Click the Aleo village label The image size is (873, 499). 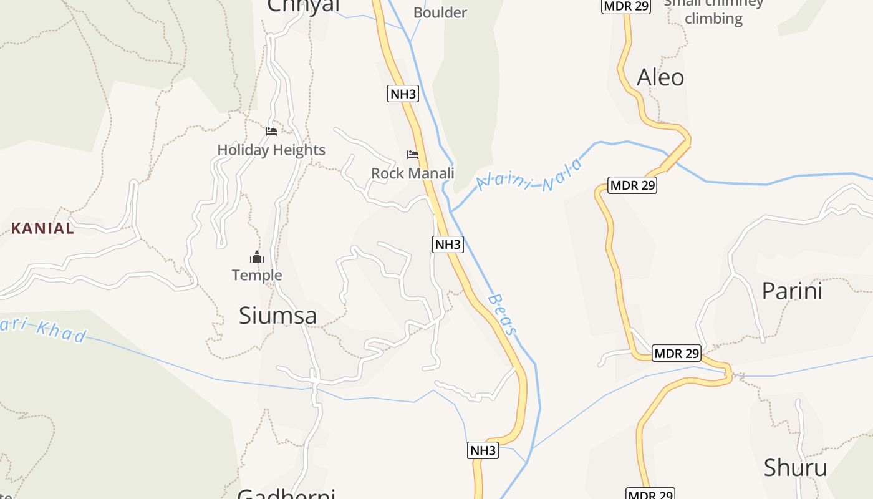660,77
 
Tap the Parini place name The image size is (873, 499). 792,291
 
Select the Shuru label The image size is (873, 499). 795,468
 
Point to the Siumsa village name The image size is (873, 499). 278,316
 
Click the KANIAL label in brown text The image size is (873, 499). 42,228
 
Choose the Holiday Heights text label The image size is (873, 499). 271,150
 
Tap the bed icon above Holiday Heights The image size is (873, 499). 271,131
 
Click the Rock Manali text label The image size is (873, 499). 413,173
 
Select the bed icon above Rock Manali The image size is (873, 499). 412,154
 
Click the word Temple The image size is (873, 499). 257,275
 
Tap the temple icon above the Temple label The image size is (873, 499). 257,257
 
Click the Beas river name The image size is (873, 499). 503,314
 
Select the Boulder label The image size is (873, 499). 440,12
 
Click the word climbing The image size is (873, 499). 713,19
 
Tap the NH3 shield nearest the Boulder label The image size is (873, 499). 403,94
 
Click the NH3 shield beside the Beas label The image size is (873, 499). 448,245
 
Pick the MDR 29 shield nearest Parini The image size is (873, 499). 677,354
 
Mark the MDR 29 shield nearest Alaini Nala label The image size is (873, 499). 632,185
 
